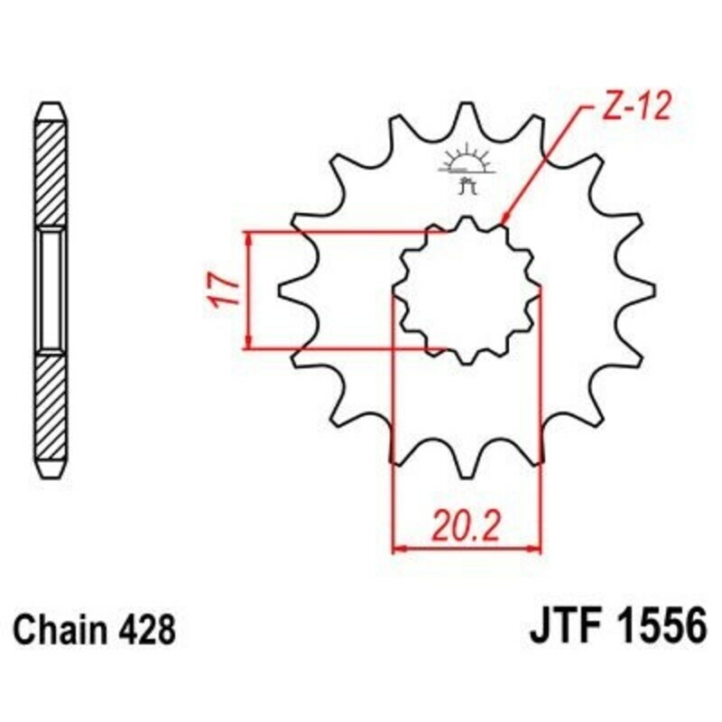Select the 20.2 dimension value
point(466,523)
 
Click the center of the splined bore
point(466,290)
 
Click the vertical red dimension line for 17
point(248,290)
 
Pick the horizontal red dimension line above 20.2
point(466,547)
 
